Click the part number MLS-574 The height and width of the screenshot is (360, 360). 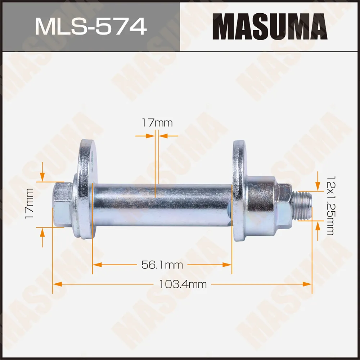90,26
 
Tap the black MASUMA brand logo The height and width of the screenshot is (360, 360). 270,26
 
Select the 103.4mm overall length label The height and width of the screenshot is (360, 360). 183,284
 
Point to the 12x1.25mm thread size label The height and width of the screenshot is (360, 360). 329,205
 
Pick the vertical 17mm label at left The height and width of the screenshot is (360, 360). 30,204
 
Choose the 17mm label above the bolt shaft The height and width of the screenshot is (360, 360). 157,123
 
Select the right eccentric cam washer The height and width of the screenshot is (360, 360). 238,191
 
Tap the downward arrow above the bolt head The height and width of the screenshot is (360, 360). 42,176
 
